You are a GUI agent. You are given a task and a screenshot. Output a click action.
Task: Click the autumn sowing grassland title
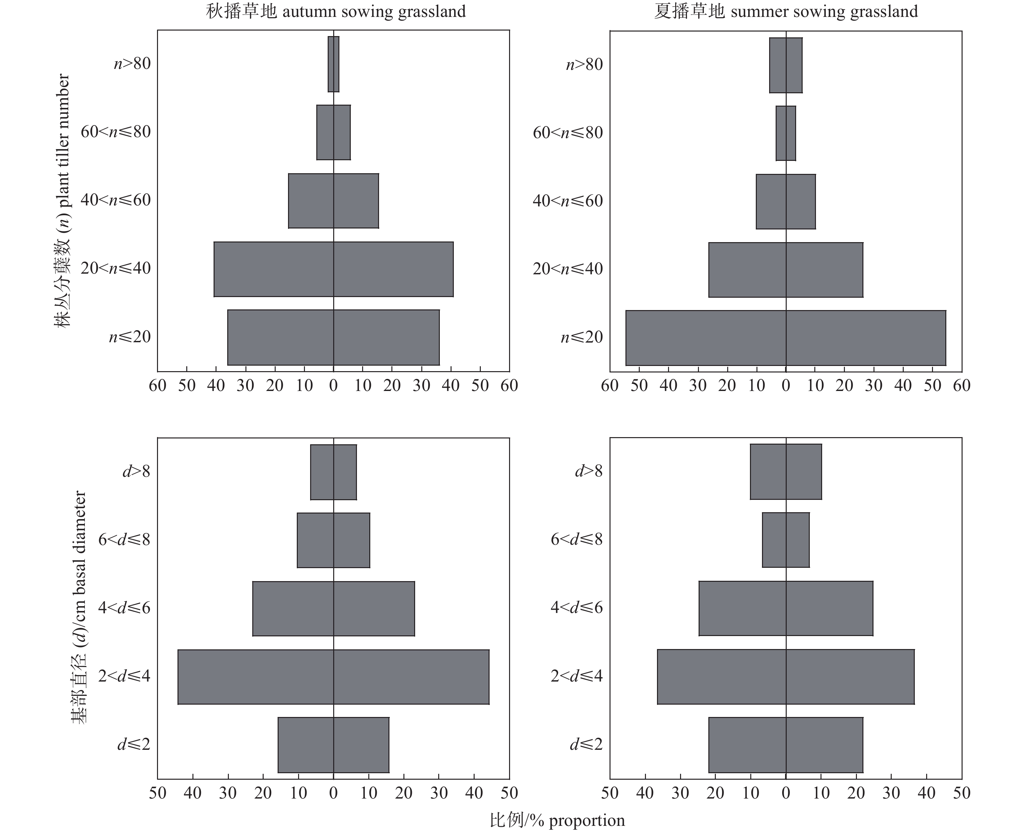(x=336, y=11)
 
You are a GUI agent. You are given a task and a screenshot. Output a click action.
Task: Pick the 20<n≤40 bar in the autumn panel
(x=334, y=269)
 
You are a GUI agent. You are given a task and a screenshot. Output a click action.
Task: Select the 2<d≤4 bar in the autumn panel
(x=334, y=677)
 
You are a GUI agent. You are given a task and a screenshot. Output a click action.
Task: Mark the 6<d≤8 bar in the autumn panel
(x=334, y=540)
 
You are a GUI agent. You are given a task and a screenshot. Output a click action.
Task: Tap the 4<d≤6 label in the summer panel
(x=576, y=608)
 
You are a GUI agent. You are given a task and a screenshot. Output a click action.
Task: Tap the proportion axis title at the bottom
(x=557, y=821)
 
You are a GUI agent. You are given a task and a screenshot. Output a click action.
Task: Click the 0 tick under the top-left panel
(x=334, y=385)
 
